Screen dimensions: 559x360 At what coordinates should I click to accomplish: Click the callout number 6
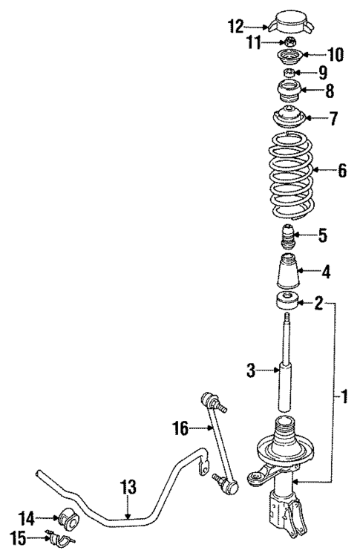tap(341, 171)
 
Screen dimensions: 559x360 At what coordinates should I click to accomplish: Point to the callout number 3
tap(251, 370)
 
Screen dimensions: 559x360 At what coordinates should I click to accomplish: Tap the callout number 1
tap(343, 397)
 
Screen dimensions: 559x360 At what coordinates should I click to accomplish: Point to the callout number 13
tap(128, 487)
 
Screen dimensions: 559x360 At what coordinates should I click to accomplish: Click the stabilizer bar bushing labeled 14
tap(68, 515)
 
